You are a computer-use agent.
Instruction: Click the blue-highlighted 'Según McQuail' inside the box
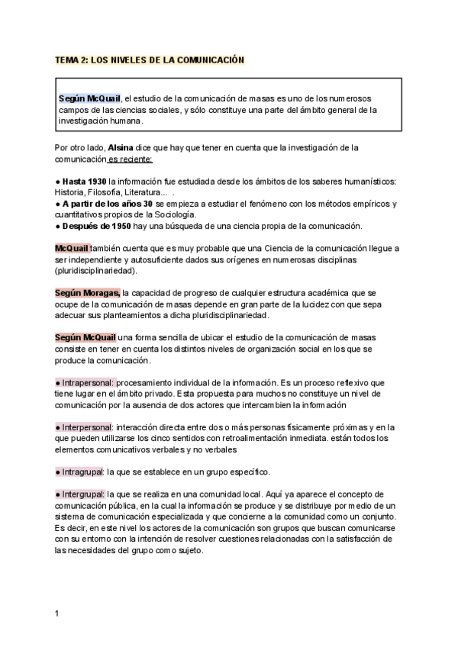click(90, 98)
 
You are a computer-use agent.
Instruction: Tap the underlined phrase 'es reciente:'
click(130, 159)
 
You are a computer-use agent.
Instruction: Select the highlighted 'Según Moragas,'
click(88, 293)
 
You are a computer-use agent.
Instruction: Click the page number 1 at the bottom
click(57, 613)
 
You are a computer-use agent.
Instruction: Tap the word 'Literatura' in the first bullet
click(144, 192)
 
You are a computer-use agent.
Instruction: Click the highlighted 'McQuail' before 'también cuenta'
click(73, 249)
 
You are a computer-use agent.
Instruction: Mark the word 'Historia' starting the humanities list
click(70, 192)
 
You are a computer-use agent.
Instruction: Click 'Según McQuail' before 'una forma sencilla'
click(85, 338)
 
